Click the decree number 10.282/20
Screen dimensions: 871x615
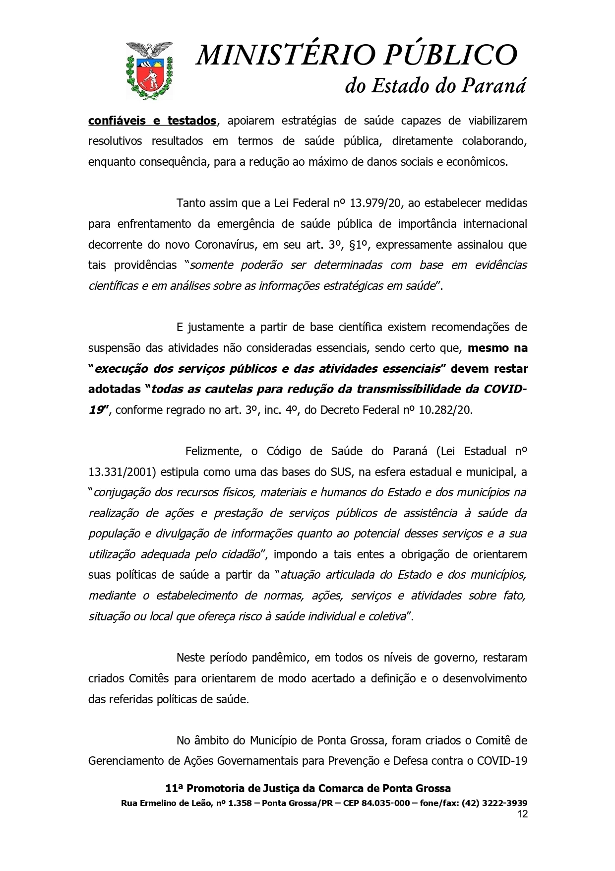point(442,410)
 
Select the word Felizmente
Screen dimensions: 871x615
point(213,451)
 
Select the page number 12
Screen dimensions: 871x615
point(522,814)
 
